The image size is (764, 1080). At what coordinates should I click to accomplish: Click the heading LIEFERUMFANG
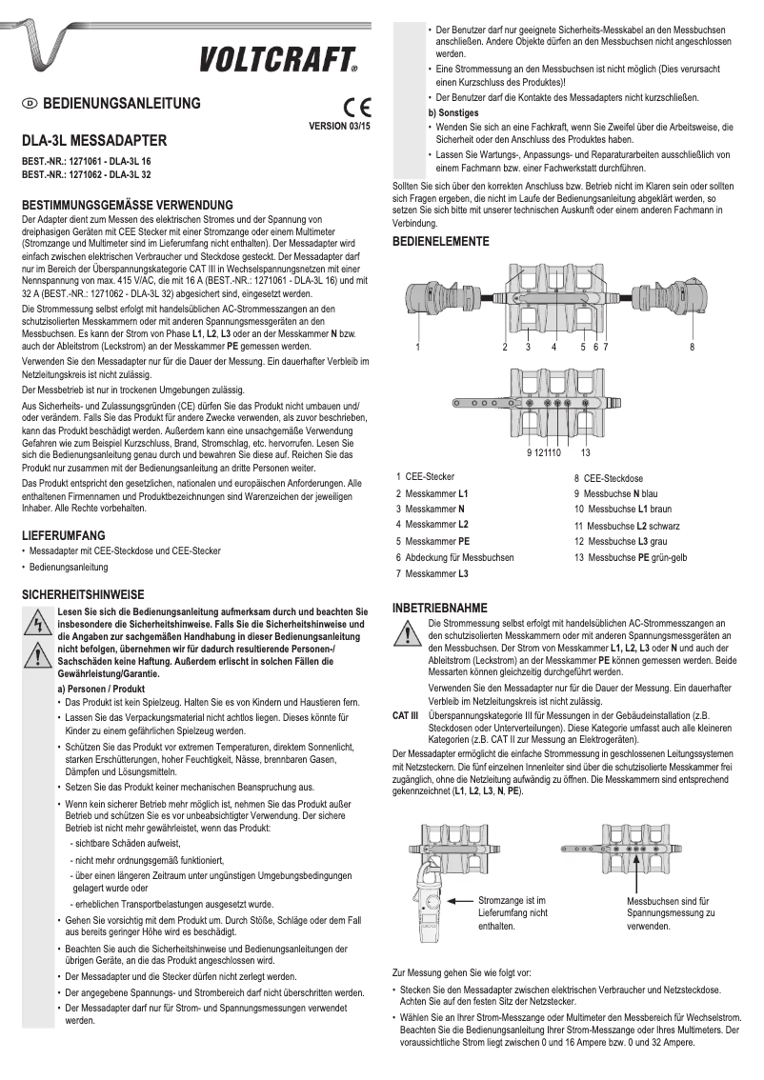(64, 536)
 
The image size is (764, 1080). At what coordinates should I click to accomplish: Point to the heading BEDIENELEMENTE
(441, 242)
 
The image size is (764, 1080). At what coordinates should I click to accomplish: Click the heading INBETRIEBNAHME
(440, 608)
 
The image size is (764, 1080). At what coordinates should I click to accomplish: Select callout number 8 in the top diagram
(693, 346)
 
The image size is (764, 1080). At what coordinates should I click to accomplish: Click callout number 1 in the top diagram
(416, 346)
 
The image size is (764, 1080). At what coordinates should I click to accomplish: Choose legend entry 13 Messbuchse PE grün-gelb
(630, 557)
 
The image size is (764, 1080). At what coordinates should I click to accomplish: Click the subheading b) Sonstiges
(455, 112)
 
